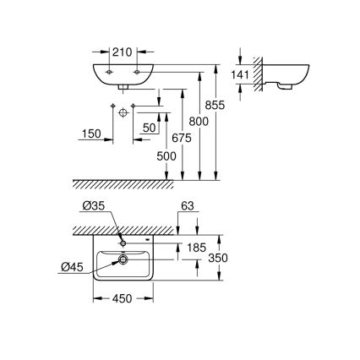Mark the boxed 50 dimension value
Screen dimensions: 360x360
coord(150,127)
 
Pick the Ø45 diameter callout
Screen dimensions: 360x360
coord(75,269)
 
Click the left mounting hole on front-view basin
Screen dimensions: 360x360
coord(109,74)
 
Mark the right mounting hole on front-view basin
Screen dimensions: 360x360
coord(137,74)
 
